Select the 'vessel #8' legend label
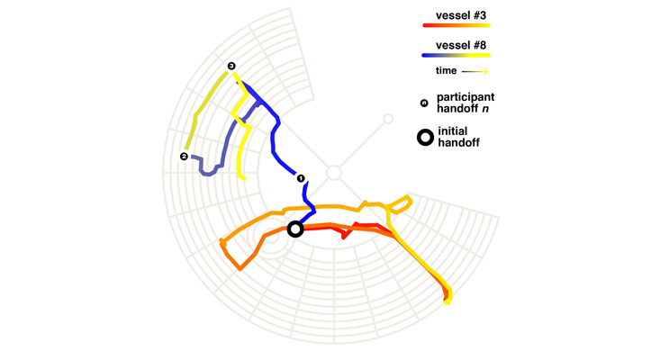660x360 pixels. tap(462, 44)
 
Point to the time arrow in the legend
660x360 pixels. tap(475, 70)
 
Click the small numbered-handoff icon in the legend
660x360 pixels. tap(423, 103)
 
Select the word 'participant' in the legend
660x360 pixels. tap(466, 96)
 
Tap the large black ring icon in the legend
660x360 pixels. tap(424, 138)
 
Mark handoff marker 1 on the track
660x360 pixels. tap(302, 178)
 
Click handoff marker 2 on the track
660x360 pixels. tap(185, 157)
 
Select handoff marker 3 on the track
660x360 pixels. tap(231, 66)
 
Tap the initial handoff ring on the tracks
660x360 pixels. tap(294, 229)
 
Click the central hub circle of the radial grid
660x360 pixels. tap(333, 172)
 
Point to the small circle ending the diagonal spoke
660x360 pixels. tap(388, 118)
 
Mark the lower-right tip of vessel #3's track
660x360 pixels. tap(448, 300)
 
